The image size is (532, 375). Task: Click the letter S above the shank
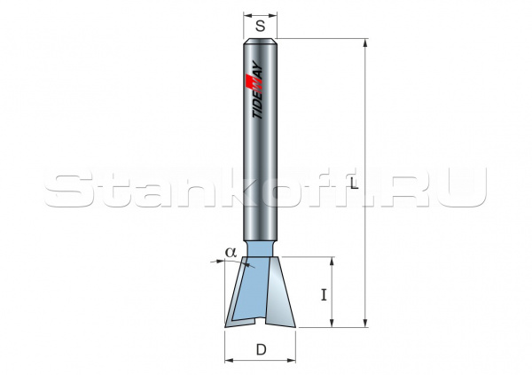tap(261, 27)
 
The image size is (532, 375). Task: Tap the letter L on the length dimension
tap(354, 184)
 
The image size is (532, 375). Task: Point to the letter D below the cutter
tap(261, 349)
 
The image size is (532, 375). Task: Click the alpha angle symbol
tap(230, 252)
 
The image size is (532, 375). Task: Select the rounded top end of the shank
tap(261, 43)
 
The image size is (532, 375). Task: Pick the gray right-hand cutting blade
tap(283, 297)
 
